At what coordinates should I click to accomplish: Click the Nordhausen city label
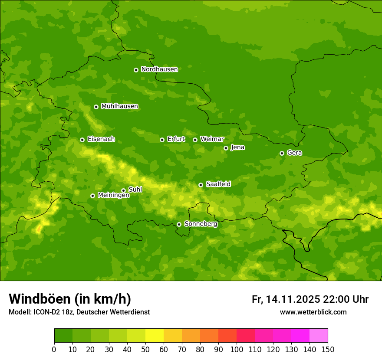click(x=159, y=69)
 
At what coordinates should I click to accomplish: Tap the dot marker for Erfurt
click(x=162, y=140)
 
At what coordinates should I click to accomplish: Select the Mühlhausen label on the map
click(x=119, y=106)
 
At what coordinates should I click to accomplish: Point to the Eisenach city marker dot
click(x=82, y=140)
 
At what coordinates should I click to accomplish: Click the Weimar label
click(x=212, y=139)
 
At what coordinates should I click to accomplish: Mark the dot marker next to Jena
click(x=226, y=148)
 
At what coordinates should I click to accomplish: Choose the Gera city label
click(x=294, y=153)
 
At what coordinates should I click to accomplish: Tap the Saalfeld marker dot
click(x=201, y=185)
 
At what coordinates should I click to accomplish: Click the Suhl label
click(x=135, y=190)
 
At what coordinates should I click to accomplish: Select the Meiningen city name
click(x=113, y=195)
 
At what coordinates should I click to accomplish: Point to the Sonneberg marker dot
click(x=179, y=224)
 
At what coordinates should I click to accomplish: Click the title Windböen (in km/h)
click(x=69, y=299)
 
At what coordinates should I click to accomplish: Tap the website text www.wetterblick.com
click(x=313, y=312)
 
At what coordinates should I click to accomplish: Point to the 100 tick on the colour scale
click(x=237, y=349)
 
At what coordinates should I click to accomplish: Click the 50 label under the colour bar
click(x=145, y=349)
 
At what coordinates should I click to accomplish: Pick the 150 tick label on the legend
click(x=328, y=349)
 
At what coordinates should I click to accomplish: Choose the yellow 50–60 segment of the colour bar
click(x=155, y=336)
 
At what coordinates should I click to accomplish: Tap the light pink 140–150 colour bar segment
click(x=319, y=336)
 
